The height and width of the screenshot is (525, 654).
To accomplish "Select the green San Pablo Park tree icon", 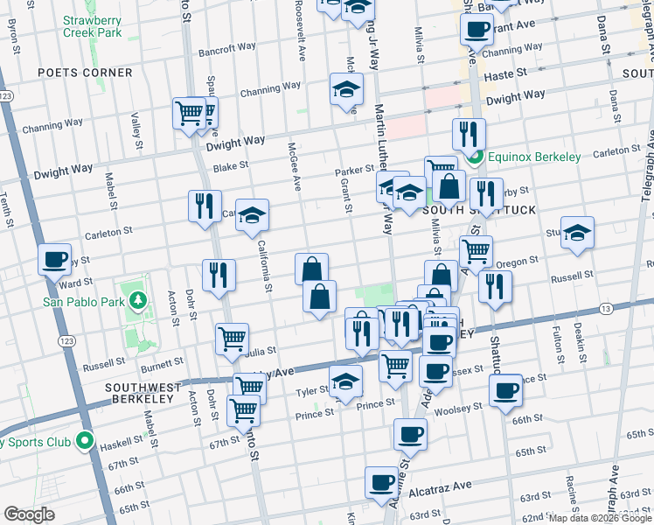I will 136,302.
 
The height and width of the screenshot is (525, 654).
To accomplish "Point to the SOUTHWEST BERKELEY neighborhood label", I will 143,393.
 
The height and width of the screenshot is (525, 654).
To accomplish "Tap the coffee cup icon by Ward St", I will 54,259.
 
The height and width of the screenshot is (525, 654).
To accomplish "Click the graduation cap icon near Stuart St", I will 577,233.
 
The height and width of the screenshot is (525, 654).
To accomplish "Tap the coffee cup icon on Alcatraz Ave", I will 381,482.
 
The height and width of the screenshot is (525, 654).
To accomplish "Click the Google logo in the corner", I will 29,514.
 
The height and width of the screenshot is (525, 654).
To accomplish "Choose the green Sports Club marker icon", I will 85,440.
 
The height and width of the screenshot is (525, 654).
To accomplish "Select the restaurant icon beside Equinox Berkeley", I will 469,134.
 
